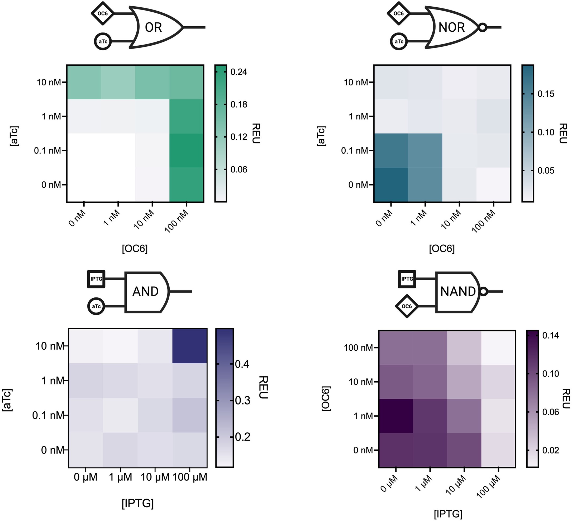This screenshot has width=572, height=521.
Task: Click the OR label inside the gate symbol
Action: (x=153, y=27)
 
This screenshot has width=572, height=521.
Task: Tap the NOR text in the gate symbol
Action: (x=451, y=27)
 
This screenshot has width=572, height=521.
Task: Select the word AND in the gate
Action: (x=145, y=292)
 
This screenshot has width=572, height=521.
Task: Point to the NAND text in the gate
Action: (x=458, y=292)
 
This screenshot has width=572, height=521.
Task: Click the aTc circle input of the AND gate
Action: (x=96, y=306)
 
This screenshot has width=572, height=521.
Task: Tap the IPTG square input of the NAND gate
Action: (x=407, y=279)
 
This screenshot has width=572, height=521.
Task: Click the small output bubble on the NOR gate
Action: (x=483, y=27)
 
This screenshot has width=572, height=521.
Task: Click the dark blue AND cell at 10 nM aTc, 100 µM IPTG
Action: (x=189, y=346)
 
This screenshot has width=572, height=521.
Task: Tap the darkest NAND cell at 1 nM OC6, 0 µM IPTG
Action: (x=396, y=416)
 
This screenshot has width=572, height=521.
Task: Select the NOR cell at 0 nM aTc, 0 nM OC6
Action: (x=391, y=185)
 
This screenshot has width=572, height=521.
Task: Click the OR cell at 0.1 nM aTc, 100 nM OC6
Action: (x=187, y=151)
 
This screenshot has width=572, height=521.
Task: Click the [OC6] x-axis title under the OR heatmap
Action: (x=135, y=249)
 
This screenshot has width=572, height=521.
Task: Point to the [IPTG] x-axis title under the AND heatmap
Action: (x=138, y=503)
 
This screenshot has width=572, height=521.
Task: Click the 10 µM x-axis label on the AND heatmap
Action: (x=155, y=477)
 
